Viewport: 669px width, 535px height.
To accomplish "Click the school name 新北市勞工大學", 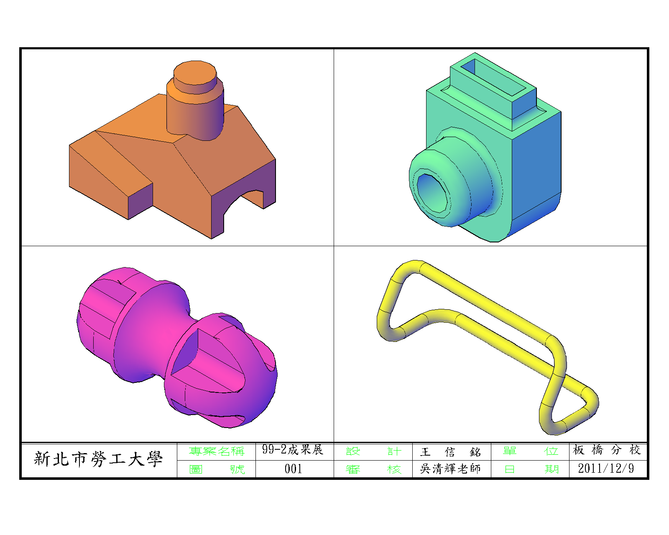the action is click(x=98, y=459).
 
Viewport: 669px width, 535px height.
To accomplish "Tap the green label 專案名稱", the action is click(x=217, y=451).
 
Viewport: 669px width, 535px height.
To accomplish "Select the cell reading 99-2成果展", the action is click(x=293, y=449).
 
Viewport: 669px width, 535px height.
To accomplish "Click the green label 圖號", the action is click(x=217, y=469).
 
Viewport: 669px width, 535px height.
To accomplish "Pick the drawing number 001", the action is click(x=293, y=469).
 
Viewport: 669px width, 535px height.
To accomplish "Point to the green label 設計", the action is click(x=374, y=451).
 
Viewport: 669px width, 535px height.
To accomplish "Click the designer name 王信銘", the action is click(x=451, y=452).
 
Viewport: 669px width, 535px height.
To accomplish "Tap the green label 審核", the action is click(x=374, y=469).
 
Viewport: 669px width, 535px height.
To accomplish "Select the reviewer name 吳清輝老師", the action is click(x=450, y=469).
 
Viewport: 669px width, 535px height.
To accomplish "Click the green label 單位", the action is click(x=531, y=451).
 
